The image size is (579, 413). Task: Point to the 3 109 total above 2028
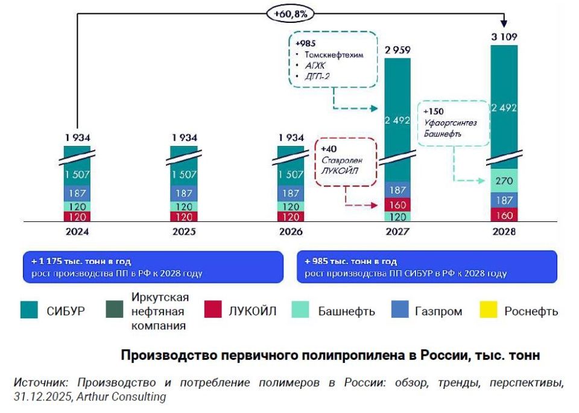pos(504,36)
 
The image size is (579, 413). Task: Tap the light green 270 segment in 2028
pos(504,180)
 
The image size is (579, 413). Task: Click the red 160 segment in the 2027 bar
pos(397,205)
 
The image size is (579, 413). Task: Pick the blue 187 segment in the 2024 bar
pos(78,194)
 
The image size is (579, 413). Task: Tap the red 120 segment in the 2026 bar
pos(290,217)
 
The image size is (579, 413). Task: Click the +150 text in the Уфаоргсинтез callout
pos(434,112)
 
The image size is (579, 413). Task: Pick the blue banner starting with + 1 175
pos(153,267)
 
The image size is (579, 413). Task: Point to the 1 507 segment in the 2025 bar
pos(184,175)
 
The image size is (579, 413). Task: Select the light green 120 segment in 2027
pos(397,217)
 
